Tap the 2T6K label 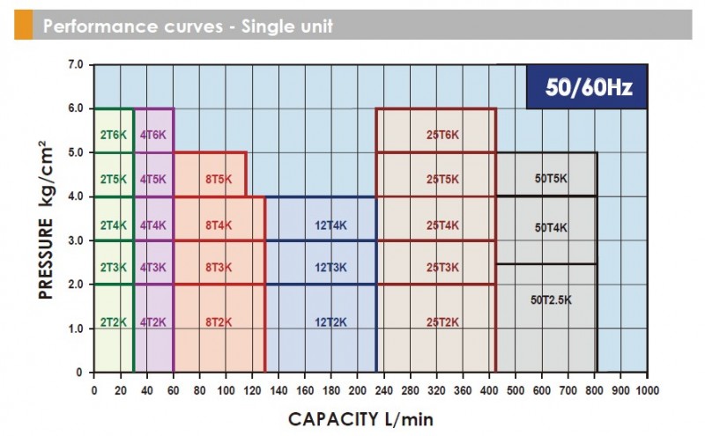[114, 134]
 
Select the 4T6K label [152, 134]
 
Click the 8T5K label [218, 179]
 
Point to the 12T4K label [330, 225]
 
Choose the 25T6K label [442, 134]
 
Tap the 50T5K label [552, 179]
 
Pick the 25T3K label [442, 267]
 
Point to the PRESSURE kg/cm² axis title [45, 218]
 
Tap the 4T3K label [152, 267]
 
